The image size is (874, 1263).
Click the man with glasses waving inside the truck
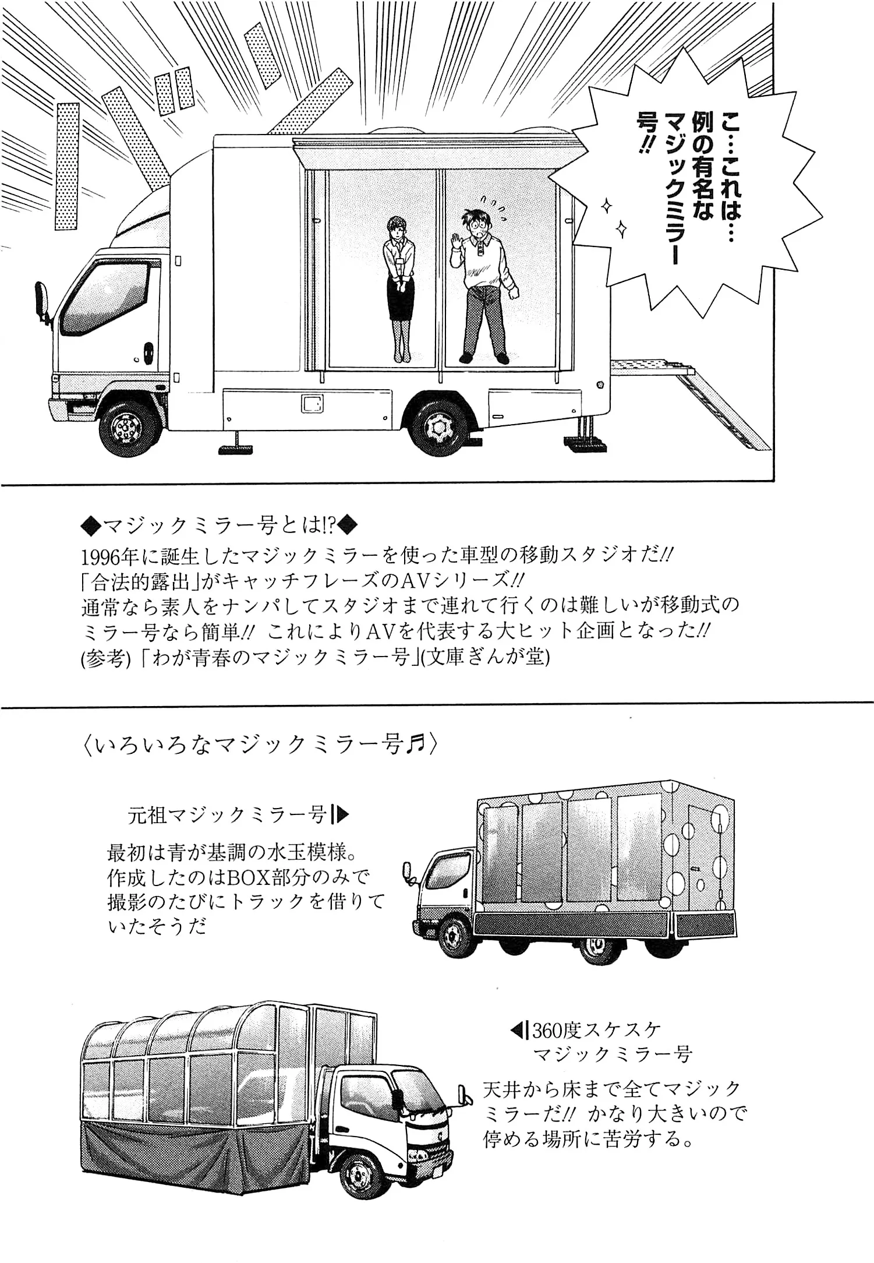[x=483, y=280]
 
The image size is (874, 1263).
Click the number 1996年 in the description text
[x=110, y=556]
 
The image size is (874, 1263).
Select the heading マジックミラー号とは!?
[x=220, y=526]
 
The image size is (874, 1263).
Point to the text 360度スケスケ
[x=597, y=1031]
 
